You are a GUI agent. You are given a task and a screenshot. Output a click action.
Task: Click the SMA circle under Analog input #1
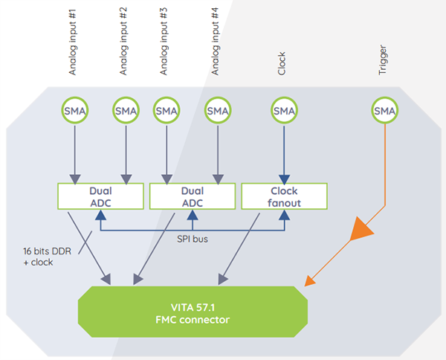tap(74, 111)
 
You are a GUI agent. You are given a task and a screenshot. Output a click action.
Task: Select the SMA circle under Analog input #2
tap(126, 111)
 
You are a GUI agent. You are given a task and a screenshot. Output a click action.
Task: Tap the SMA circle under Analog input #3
tap(167, 111)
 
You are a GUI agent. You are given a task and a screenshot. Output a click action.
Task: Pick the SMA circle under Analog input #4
tap(218, 111)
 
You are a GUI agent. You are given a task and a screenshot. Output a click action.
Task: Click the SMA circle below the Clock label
tap(284, 111)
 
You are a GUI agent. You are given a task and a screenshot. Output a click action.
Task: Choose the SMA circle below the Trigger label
tap(384, 111)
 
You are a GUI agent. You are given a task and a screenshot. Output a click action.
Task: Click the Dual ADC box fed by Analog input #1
tap(100, 196)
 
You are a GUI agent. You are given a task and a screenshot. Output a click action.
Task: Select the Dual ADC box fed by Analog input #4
tap(192, 196)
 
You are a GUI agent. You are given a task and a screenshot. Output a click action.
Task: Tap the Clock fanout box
tap(283, 196)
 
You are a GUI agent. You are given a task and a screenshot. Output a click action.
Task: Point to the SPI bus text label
tap(193, 240)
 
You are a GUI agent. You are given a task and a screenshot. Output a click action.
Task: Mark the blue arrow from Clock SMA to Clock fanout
tap(284, 152)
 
